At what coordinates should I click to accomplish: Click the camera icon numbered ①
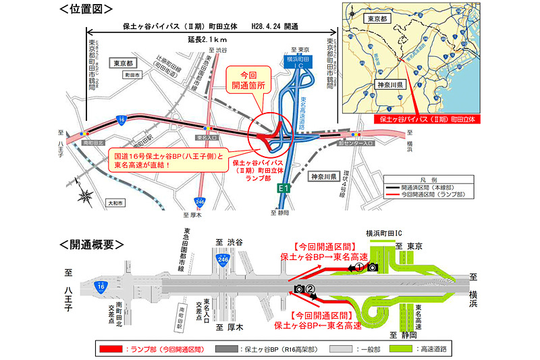pyautogui.click(x=371, y=268)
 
